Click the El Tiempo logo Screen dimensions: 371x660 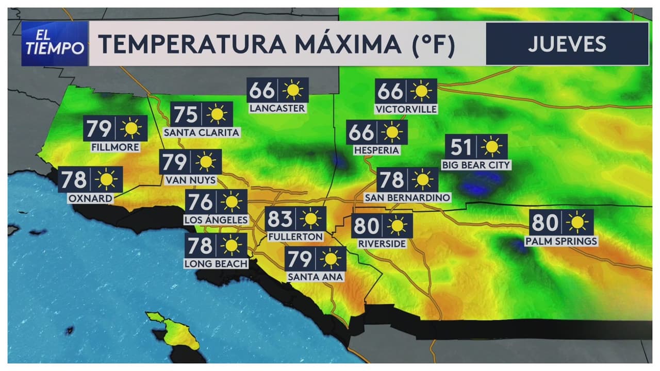pos(55,44)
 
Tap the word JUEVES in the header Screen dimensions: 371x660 pos(567,44)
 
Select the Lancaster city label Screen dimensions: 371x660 pos(277,109)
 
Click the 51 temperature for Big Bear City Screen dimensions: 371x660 pos(461,147)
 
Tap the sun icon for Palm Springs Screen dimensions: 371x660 pos(576,223)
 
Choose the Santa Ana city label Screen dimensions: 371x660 pos(315,277)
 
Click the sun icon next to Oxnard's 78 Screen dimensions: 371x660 pos(107,179)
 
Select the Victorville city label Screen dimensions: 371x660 pos(406,109)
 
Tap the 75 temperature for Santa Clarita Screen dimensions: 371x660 pos(185,114)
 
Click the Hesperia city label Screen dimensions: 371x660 pos(376,150)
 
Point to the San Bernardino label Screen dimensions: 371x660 pos(407,198)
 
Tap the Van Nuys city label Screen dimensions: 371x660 pos(190,180)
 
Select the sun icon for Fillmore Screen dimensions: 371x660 pos(131,128)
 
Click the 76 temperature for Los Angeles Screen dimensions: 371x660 pos(200,202)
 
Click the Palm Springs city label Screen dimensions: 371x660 pos(561,241)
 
